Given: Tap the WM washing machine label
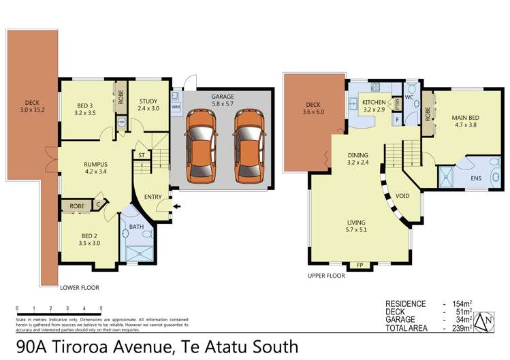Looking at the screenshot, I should coord(176,107).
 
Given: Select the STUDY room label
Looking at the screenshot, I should coord(148,103).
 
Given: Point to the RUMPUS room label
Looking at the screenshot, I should coord(97,164).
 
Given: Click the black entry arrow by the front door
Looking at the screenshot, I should coord(178,206).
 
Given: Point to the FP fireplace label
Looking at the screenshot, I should coord(359,265).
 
